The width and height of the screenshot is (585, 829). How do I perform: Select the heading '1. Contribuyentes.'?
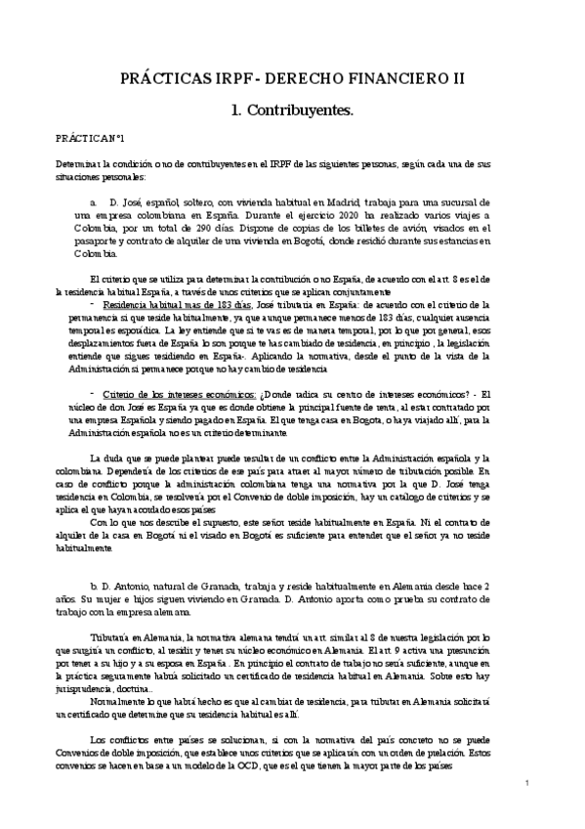point(293,112)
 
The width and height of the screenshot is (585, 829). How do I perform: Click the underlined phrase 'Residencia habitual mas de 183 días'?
point(166,304)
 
